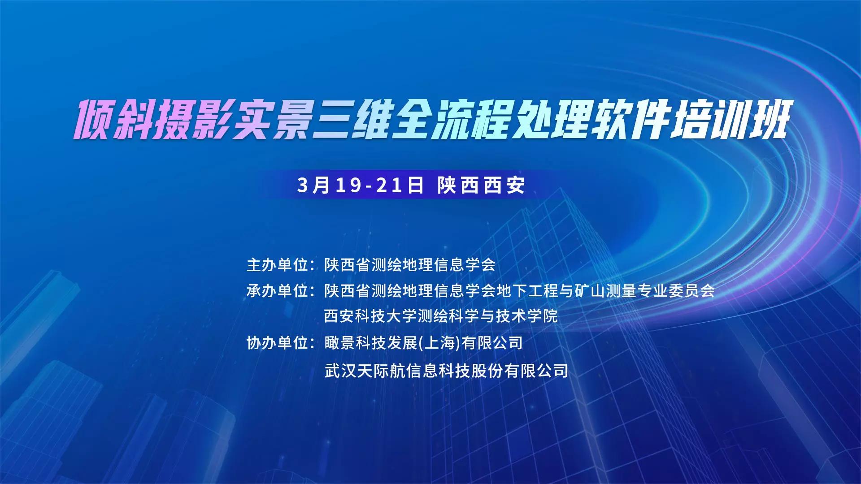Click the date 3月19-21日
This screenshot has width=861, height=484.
360,185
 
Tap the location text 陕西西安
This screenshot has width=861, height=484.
481,185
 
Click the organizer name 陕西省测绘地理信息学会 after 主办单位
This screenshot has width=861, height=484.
410,265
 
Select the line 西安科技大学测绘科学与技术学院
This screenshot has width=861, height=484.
441,316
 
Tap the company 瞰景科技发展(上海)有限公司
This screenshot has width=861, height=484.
424,343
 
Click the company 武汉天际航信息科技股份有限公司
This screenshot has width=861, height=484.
446,371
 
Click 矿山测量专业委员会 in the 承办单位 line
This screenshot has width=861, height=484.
645,291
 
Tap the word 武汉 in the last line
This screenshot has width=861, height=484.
340,371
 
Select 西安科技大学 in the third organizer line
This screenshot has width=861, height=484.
371,316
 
